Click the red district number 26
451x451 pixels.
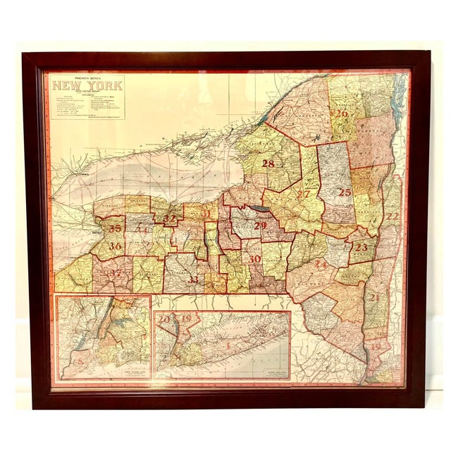pos(342,113)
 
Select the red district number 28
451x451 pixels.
pos(268,163)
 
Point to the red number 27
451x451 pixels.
pos(304,194)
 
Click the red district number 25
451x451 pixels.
pos(344,192)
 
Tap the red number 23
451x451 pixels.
pos(362,247)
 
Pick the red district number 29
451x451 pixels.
pos(261,225)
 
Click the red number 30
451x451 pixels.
pos(254,259)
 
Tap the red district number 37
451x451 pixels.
pos(116,273)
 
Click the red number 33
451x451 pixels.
pos(192,279)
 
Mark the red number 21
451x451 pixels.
pos(374,297)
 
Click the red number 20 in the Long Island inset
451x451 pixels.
pos(165,319)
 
